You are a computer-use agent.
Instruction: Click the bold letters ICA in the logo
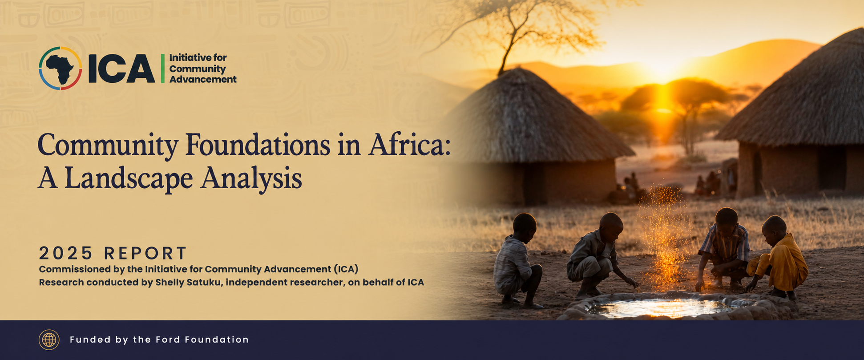pyautogui.click(x=121, y=69)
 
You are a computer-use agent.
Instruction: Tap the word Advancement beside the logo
pyautogui.click(x=203, y=80)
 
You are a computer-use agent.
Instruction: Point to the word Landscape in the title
pyautogui.click(x=129, y=179)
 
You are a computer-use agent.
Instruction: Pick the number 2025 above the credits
pyautogui.click(x=66, y=253)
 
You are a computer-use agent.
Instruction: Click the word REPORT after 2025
pyautogui.click(x=145, y=253)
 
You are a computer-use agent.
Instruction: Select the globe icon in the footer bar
pyautogui.click(x=49, y=340)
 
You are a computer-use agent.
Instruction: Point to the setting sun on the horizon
pyautogui.click(x=663, y=71)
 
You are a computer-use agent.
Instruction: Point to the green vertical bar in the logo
pyautogui.click(x=163, y=69)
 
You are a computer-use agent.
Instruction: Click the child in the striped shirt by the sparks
pyautogui.click(x=724, y=249)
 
